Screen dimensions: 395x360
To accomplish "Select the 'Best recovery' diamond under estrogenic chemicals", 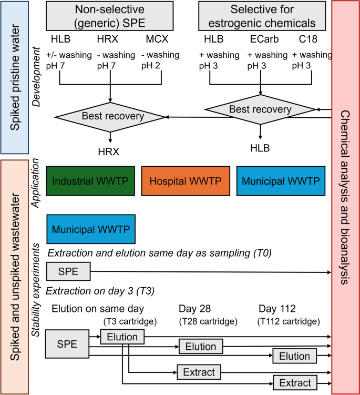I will (x=260, y=109).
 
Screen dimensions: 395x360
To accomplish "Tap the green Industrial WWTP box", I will (x=90, y=181).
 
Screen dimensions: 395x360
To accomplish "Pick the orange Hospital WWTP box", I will (x=186, y=181).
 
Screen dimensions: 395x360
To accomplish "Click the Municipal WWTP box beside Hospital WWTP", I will (x=281, y=181).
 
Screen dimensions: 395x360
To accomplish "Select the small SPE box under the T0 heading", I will (x=68, y=272).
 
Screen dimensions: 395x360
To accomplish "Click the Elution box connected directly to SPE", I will (x=121, y=337).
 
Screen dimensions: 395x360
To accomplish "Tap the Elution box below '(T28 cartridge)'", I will (x=201, y=347).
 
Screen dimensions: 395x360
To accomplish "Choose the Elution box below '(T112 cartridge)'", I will (x=294, y=356).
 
